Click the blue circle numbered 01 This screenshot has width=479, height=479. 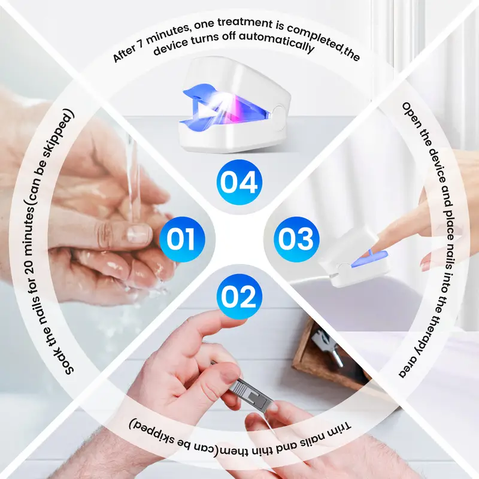pyautogui.click(x=182, y=239)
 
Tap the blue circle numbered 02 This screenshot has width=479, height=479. pyautogui.click(x=239, y=296)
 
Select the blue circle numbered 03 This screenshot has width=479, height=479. pyautogui.click(x=296, y=239)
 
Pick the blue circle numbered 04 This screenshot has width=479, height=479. pyautogui.click(x=239, y=182)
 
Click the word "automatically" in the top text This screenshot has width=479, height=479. pyautogui.click(x=277, y=42)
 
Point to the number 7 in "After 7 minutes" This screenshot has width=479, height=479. pyautogui.click(x=141, y=43)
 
